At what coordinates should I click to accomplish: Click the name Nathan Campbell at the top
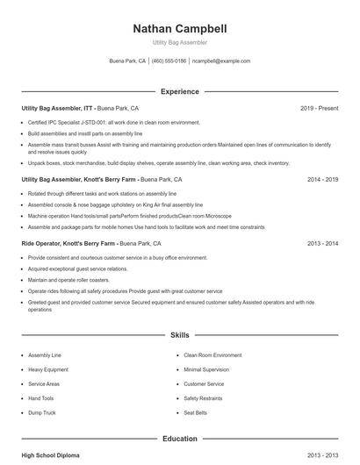(179, 29)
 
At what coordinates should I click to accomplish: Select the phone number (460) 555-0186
(169, 61)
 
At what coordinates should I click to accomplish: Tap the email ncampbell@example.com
(221, 61)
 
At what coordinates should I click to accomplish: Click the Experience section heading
(179, 91)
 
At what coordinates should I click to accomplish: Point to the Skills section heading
(179, 335)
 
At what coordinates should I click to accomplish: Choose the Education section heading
(179, 438)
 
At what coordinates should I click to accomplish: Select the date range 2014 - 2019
(322, 179)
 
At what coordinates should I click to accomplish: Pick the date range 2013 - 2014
(322, 243)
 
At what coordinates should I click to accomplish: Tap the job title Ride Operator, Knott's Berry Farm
(68, 243)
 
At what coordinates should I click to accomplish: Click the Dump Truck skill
(42, 412)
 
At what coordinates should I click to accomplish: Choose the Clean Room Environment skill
(212, 355)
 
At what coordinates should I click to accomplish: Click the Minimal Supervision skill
(205, 370)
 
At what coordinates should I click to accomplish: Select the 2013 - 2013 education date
(322, 455)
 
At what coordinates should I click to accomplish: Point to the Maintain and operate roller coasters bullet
(78, 279)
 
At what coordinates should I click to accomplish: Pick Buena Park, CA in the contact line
(127, 61)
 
